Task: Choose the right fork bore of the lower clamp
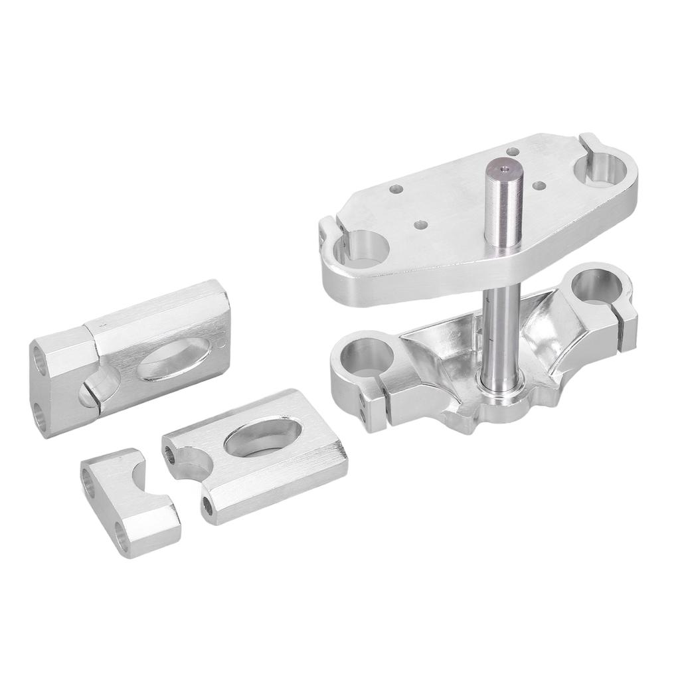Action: pos(596,285)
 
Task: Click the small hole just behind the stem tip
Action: pos(512,151)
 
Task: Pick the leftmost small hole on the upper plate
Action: pos(396,189)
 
